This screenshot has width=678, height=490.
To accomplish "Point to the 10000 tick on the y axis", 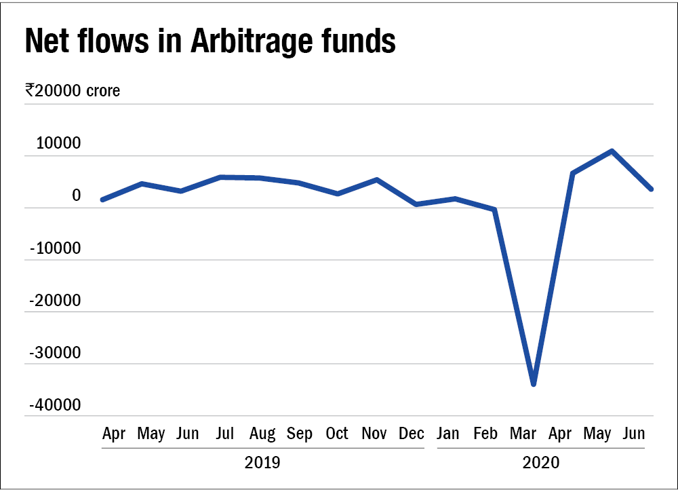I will (54, 145).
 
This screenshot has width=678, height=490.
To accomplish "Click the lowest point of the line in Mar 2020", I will (534, 384).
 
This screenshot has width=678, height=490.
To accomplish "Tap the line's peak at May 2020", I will (612, 151).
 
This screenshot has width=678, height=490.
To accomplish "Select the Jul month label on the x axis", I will (226, 434).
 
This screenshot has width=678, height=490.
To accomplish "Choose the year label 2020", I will (540, 464).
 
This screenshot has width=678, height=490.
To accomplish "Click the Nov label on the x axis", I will (374, 434).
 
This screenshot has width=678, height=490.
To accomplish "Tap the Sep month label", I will (299, 434).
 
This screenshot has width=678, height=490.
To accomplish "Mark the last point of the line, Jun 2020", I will (651, 189).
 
